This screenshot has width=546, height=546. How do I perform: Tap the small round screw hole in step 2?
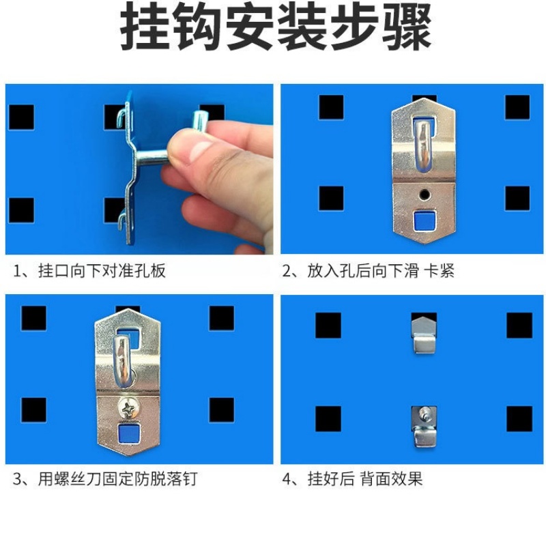pos(425,195)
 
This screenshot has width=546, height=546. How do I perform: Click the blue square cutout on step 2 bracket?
pos(424,220)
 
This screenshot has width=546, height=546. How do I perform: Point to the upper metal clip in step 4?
pos(424,332)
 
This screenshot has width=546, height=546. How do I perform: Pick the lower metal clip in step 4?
pos(423,426)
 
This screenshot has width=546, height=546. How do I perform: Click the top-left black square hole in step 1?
pos(20,117)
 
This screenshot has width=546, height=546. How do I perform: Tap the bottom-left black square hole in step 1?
pos(20,210)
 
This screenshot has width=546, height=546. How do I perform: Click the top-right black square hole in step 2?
pos(517,107)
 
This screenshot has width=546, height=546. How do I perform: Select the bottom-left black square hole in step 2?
pos(331,198)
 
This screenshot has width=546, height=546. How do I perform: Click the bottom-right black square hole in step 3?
pos(221,409)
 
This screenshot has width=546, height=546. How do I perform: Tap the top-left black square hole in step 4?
pos(328,326)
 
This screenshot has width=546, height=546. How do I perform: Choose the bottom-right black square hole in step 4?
pos(519,418)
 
